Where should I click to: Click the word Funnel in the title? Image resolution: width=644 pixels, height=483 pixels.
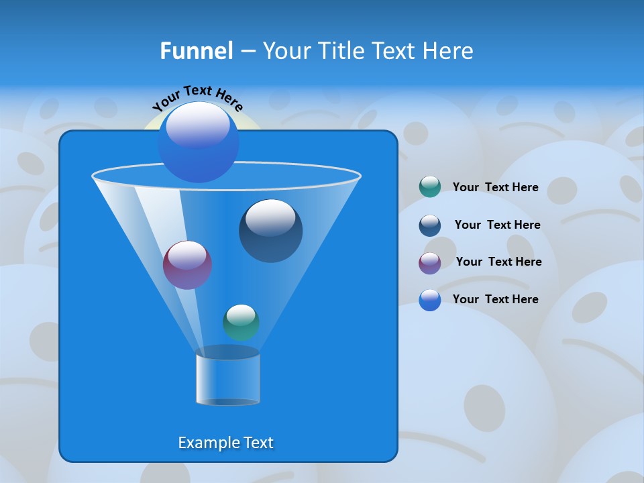(x=196, y=51)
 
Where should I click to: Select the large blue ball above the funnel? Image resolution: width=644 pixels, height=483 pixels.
(x=198, y=142)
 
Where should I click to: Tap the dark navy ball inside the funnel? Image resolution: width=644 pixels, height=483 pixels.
(x=270, y=231)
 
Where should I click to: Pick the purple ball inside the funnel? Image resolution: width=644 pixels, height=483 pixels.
(x=187, y=265)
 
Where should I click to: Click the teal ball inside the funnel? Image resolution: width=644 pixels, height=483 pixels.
(x=241, y=322)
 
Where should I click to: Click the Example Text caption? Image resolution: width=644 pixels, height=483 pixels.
(x=225, y=443)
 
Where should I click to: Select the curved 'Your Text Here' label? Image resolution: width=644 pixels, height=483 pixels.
(x=197, y=98)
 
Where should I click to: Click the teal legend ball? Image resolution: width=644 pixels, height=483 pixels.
(x=429, y=187)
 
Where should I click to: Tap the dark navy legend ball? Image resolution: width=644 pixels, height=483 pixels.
(x=429, y=225)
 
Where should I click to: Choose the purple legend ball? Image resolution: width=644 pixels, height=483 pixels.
(x=429, y=263)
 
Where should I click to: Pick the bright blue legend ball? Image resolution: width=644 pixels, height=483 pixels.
(x=429, y=300)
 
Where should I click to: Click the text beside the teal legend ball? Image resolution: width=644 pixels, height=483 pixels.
(x=495, y=188)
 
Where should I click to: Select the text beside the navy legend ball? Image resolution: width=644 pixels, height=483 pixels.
(x=497, y=225)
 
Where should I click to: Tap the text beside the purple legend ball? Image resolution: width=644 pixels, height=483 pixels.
(x=498, y=262)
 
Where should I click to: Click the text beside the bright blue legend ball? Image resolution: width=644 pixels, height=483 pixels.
(x=495, y=300)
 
